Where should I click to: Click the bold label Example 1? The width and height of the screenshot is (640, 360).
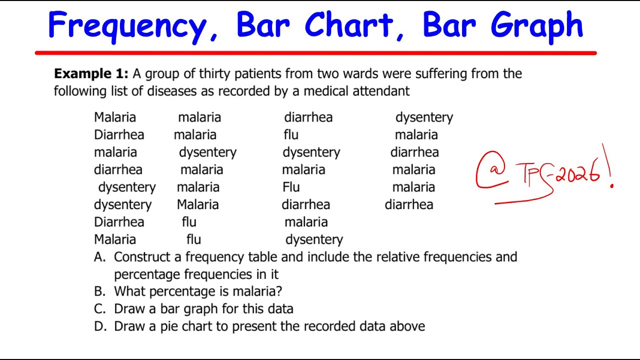coord(91,74)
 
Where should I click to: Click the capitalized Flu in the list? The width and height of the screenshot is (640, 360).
coord(291,187)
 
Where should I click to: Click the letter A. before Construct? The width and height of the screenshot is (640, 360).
coord(100,257)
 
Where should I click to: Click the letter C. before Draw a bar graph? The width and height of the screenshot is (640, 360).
coord(100,308)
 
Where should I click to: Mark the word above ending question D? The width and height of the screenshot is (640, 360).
coord(408,326)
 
